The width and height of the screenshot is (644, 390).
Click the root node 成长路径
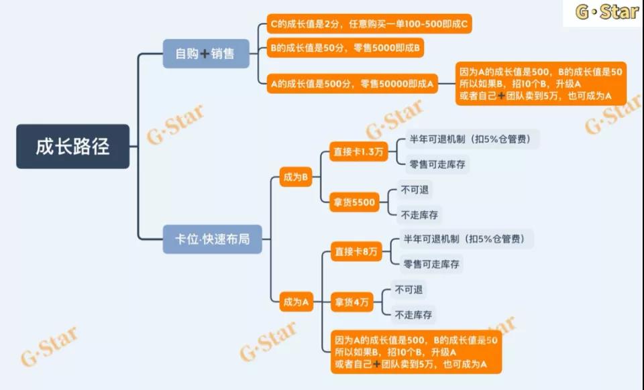pyautogui.click(x=72, y=146)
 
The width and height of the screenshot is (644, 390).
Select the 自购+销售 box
pyautogui.click(x=206, y=54)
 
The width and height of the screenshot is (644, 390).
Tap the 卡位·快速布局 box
pyautogui.click(x=212, y=239)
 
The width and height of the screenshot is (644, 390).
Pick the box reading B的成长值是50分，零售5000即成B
pyautogui.click(x=345, y=48)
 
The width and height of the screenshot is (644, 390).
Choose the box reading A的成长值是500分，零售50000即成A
pyautogui.click(x=352, y=83)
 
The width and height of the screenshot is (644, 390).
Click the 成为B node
pyautogui.click(x=296, y=178)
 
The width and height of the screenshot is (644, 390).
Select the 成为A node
pyautogui.click(x=296, y=302)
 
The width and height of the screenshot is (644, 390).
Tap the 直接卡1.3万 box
pyautogui.click(x=358, y=152)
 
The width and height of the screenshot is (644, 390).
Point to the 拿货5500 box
pyautogui.click(x=356, y=202)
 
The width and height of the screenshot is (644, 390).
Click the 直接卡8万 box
pyautogui.click(x=356, y=252)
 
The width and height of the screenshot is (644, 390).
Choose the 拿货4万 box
pyautogui.click(x=352, y=302)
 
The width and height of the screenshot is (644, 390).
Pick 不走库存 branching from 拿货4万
pyautogui.click(x=413, y=314)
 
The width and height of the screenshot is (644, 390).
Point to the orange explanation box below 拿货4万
pyautogui.click(x=416, y=352)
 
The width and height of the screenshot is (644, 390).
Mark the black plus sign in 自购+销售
pyautogui.click(x=205, y=54)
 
